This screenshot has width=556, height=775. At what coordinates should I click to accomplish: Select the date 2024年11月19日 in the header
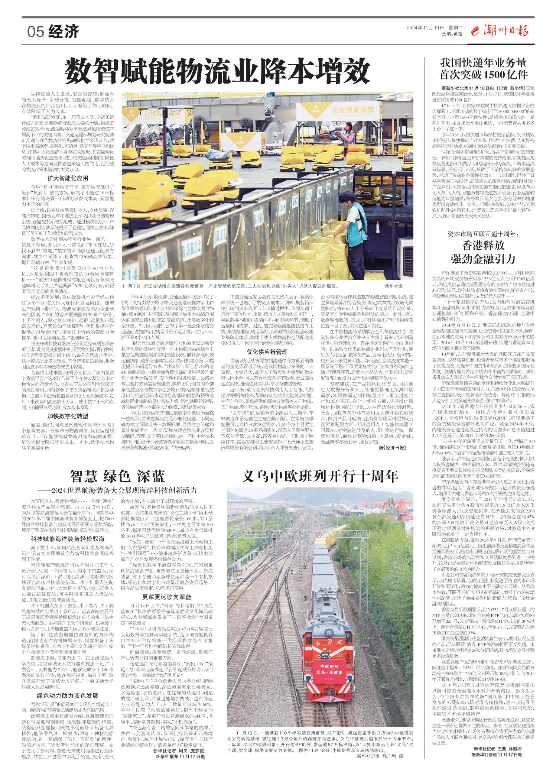point(426,28)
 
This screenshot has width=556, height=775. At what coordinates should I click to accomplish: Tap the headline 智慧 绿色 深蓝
point(117,476)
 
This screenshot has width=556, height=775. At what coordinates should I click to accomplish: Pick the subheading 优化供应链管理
point(267,351)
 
